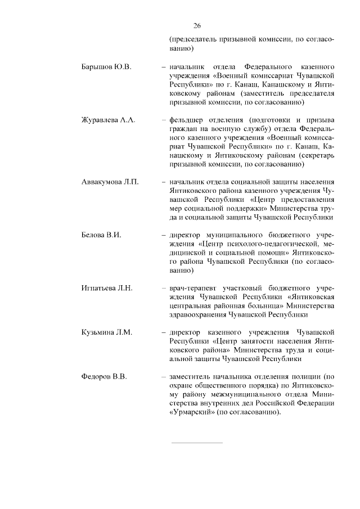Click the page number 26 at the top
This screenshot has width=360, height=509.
197,25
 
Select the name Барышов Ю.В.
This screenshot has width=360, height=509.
106,67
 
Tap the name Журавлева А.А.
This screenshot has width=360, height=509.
109,120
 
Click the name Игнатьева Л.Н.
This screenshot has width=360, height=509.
107,288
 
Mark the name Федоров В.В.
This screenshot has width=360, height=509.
105,376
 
